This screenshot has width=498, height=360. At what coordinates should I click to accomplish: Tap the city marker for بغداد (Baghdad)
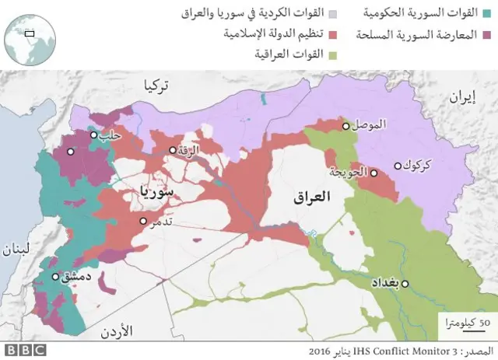click(x=406, y=285)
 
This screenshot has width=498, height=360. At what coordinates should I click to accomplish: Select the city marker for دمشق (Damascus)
click(x=55, y=276)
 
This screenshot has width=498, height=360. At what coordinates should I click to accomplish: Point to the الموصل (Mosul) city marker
click(x=345, y=125)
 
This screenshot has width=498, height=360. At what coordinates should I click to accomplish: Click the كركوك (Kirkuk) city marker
click(x=398, y=165)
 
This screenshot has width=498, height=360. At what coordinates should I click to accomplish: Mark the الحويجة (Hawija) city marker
click(x=373, y=173)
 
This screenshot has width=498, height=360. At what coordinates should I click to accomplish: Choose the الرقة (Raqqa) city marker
click(x=174, y=150)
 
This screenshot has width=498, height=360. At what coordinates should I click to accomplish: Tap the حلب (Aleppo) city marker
click(x=93, y=135)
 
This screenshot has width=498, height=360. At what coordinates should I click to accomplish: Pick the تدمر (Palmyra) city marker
click(x=143, y=221)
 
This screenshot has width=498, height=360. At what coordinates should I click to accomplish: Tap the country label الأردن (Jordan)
click(x=117, y=332)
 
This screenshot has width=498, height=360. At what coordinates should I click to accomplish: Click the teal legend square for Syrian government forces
click(x=487, y=13)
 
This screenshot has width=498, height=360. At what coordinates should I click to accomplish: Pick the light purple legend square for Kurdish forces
click(x=332, y=13)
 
